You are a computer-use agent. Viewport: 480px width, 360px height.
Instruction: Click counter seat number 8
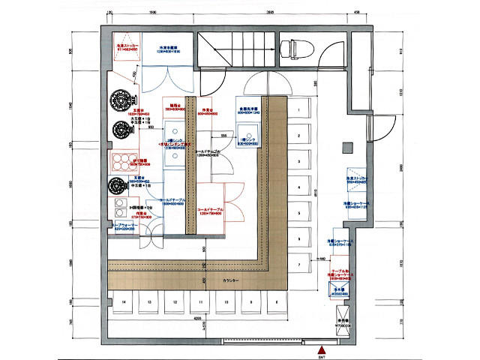[276, 302]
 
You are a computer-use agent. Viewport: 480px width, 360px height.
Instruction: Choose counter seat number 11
[200, 302]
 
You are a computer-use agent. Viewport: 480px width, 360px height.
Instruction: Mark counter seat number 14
[124, 302]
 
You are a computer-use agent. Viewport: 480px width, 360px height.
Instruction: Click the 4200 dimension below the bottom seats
[196, 318]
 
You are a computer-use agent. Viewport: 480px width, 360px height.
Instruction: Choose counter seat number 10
[226, 302]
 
